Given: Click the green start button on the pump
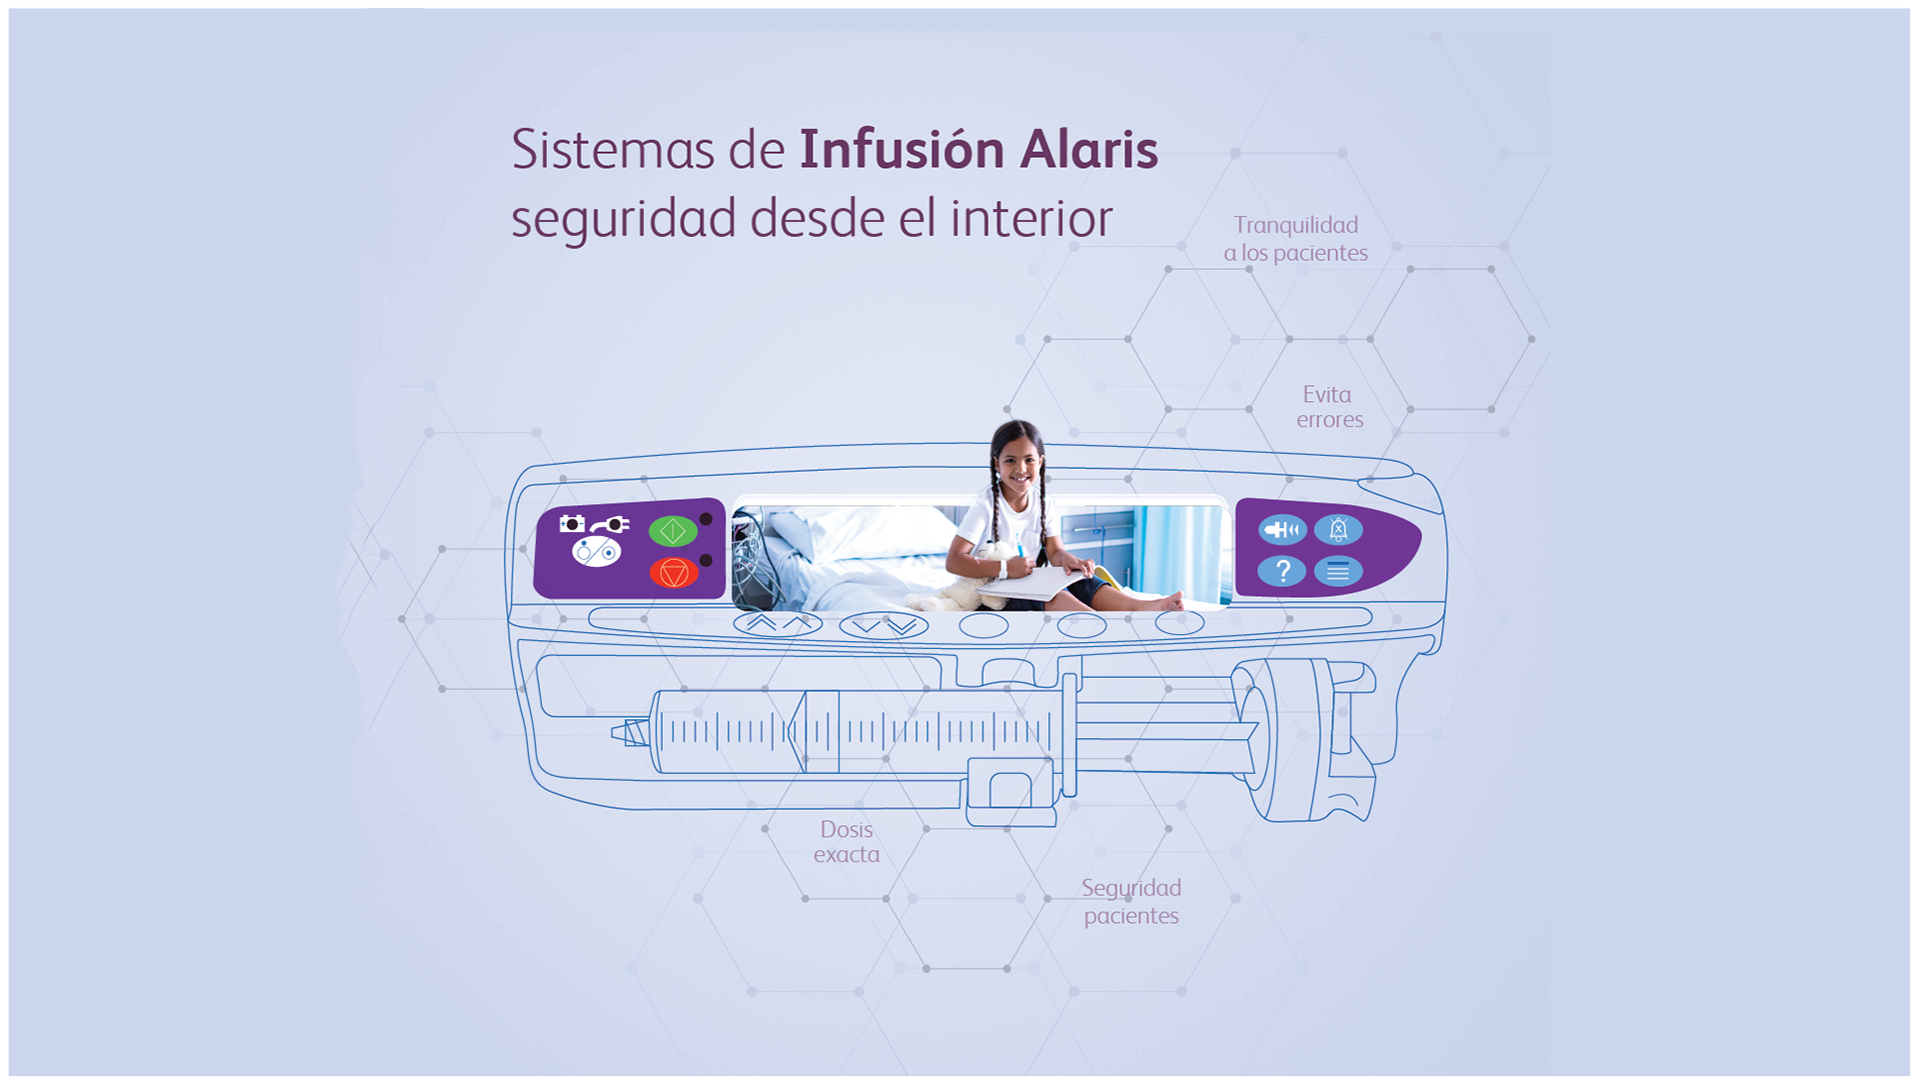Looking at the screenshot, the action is click(673, 531).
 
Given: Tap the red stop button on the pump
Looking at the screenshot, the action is click(674, 573).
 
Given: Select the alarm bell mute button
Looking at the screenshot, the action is click(1338, 530).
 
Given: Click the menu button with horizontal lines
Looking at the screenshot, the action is click(1338, 572).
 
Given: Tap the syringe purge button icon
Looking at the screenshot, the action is click(1281, 530).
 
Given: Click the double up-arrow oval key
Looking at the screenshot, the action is click(778, 624).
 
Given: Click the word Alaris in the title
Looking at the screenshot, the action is click(1088, 150).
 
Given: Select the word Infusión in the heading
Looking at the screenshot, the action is click(902, 150).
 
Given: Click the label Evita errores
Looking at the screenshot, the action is click(1329, 407).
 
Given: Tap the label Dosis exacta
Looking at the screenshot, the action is click(847, 842).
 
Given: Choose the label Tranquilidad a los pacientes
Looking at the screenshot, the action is click(1295, 239).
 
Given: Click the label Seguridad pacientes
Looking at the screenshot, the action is click(1131, 901).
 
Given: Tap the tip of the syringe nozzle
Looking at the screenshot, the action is click(616, 734).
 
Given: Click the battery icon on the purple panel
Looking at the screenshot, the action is click(572, 523).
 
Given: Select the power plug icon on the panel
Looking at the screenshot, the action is click(610, 525).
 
